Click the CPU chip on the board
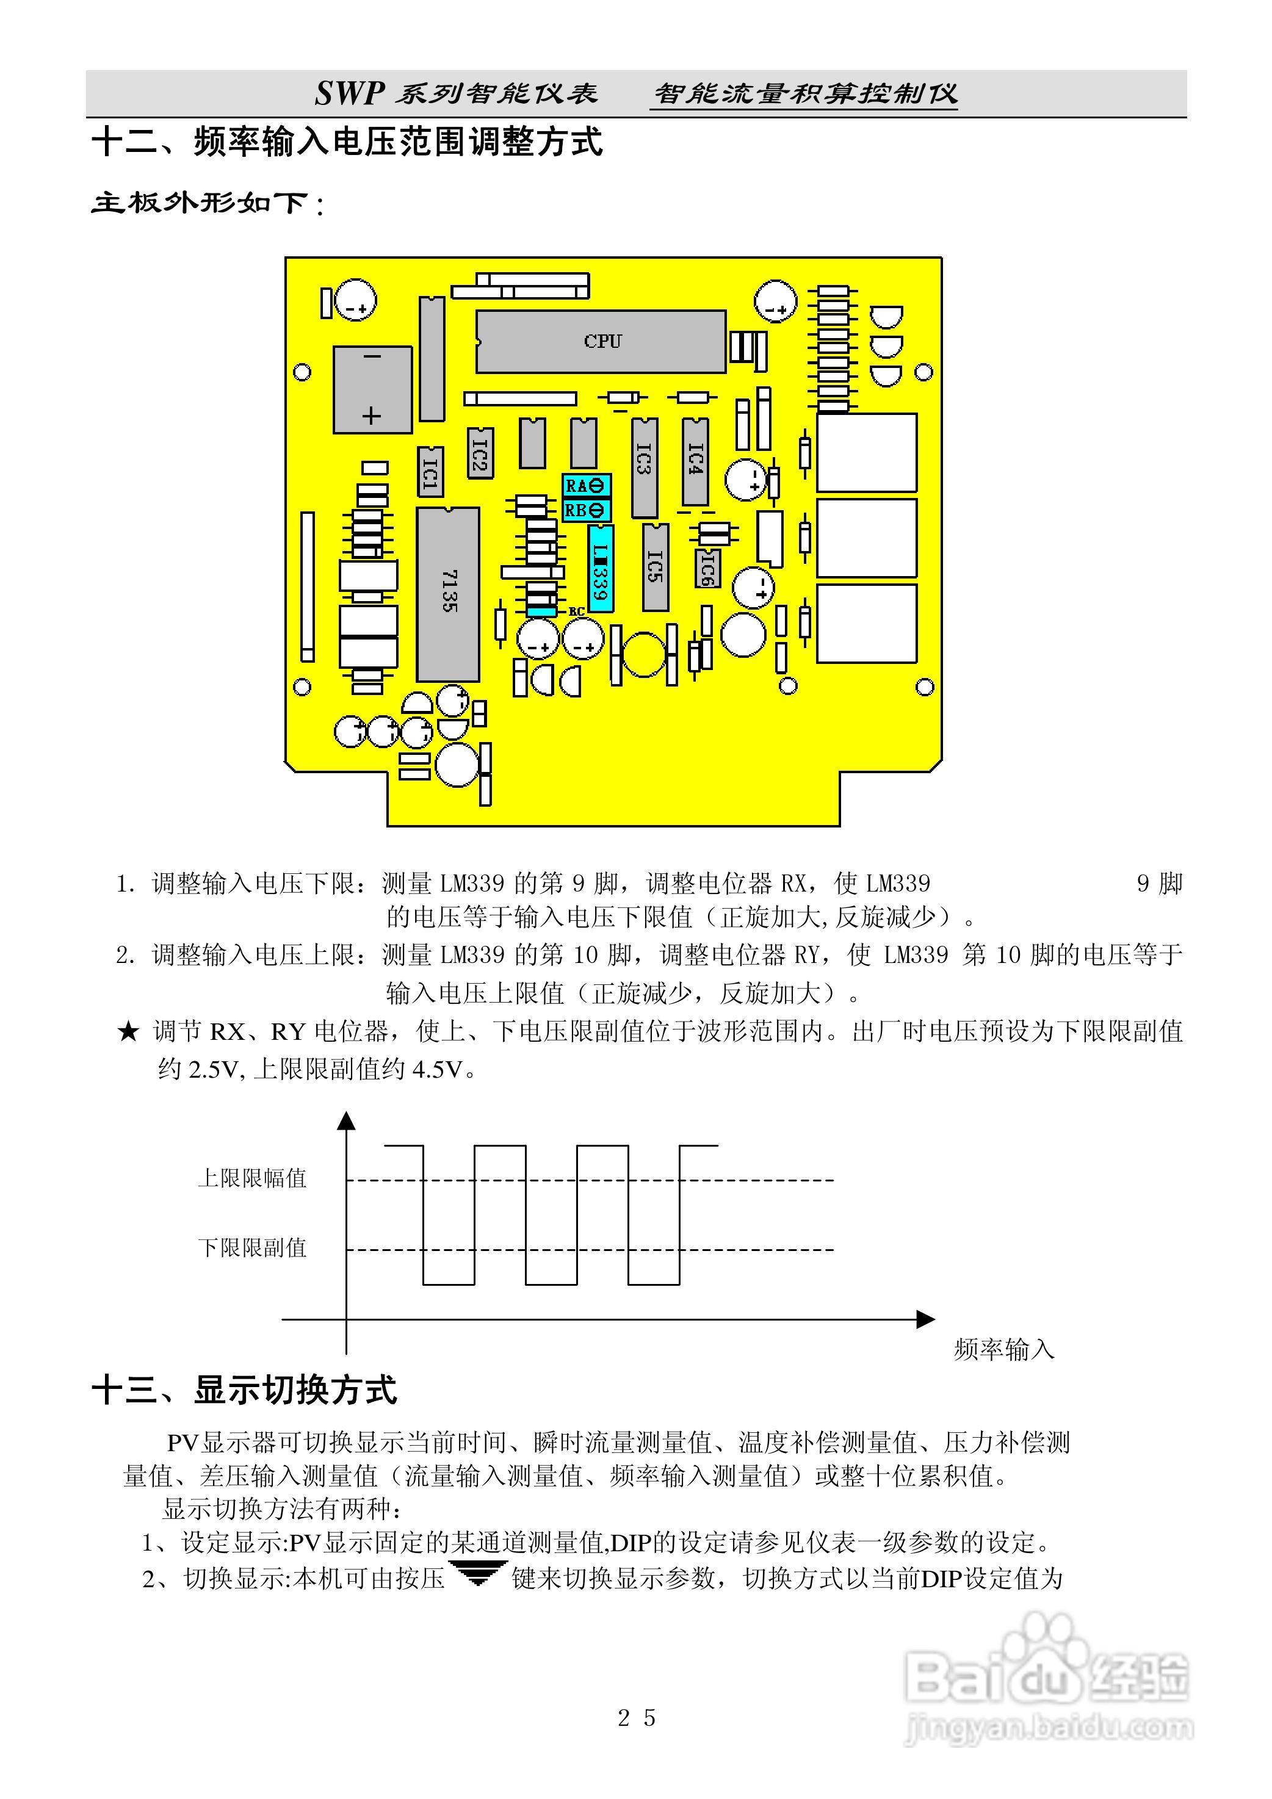(x=601, y=342)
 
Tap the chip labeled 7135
(x=447, y=594)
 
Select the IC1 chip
(x=430, y=472)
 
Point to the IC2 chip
(x=480, y=452)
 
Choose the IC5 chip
(x=655, y=566)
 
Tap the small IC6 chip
(x=707, y=568)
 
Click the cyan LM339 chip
(x=601, y=568)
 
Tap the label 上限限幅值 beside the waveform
(x=251, y=1178)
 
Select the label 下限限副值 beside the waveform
(x=251, y=1247)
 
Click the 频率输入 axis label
(x=1004, y=1349)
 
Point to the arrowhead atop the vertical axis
(x=347, y=1120)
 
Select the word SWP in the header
(x=348, y=93)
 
